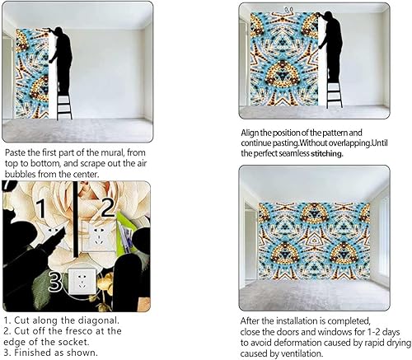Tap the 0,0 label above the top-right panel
[288, 10]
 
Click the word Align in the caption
[252, 133]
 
